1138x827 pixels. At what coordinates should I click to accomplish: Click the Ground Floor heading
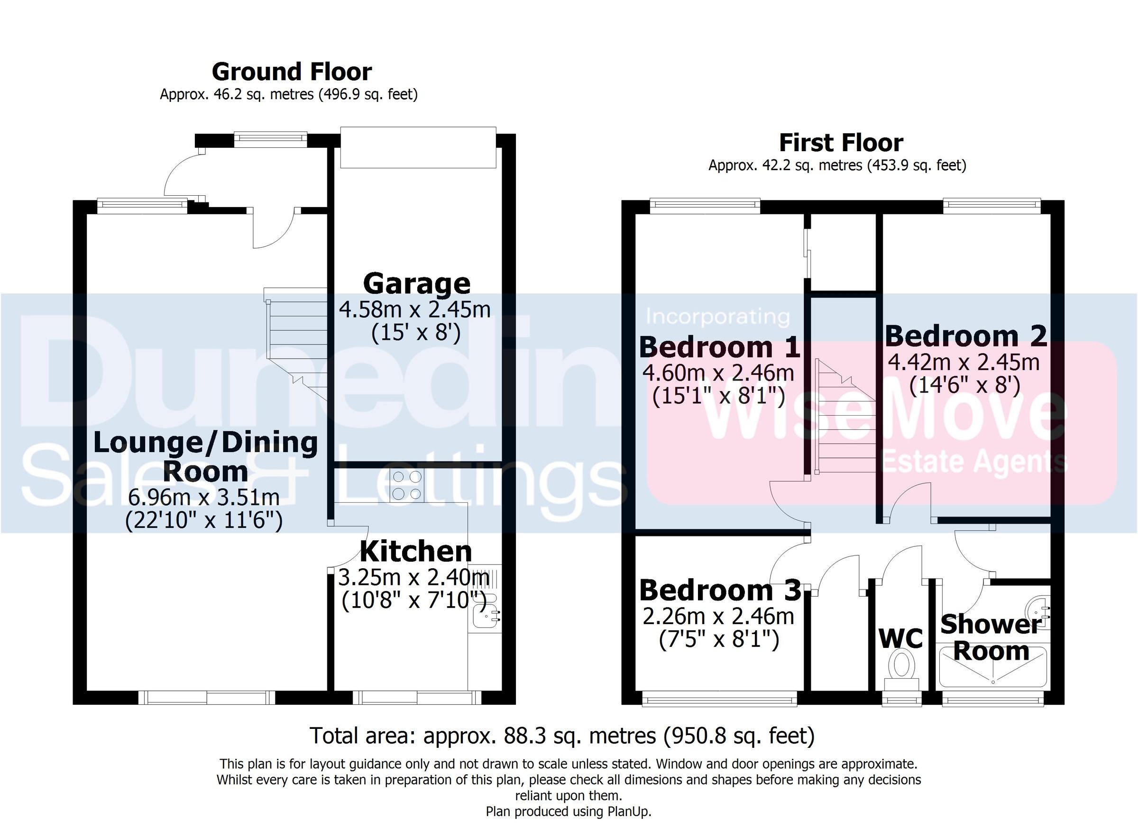pos(292,72)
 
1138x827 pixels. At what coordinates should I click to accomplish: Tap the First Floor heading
pos(841,143)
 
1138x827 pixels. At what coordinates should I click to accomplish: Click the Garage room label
pos(416,284)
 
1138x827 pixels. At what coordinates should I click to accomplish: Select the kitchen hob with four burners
pos(406,485)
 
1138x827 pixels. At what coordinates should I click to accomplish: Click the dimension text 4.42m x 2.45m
pos(964,362)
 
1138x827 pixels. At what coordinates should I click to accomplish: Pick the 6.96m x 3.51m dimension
pos(204,497)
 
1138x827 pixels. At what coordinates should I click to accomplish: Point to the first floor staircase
pos(845,421)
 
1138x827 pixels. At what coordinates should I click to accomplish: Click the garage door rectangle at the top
pos(418,147)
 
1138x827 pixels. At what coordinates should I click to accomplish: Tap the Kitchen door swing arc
pos(351,546)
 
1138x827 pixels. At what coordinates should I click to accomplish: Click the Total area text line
pos(562,736)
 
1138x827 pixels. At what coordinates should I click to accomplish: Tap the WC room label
pos(900,639)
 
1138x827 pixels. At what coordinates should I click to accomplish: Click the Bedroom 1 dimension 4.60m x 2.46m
pos(718,373)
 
